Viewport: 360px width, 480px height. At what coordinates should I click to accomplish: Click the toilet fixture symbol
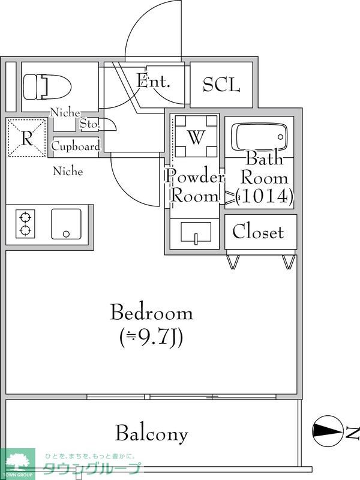[47, 86]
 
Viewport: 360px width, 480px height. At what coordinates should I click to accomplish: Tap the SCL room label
[221, 85]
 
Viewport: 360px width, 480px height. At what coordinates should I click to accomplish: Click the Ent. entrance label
[153, 81]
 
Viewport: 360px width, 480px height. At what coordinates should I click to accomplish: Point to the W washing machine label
[196, 137]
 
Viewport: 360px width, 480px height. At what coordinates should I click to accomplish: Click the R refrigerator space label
[27, 139]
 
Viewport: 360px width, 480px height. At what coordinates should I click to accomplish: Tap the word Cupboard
[76, 146]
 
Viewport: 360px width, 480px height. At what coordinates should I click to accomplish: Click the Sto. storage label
[89, 124]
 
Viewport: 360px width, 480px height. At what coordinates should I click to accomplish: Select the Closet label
[258, 232]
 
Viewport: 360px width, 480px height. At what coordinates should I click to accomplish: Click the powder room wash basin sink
[196, 232]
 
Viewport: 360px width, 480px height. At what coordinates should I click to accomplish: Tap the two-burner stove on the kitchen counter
[25, 224]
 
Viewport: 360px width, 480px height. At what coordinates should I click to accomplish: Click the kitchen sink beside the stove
[66, 224]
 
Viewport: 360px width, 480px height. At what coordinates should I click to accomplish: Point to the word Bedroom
[152, 312]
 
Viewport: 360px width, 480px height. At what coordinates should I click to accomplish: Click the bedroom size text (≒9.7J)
[152, 338]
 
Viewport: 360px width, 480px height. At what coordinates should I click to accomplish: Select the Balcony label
[152, 433]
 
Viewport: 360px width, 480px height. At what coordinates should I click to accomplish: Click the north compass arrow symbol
[328, 431]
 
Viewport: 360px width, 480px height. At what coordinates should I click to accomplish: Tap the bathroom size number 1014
[264, 196]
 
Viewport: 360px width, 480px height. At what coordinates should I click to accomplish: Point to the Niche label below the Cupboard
[68, 171]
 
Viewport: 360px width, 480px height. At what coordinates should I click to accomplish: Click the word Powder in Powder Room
[194, 176]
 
